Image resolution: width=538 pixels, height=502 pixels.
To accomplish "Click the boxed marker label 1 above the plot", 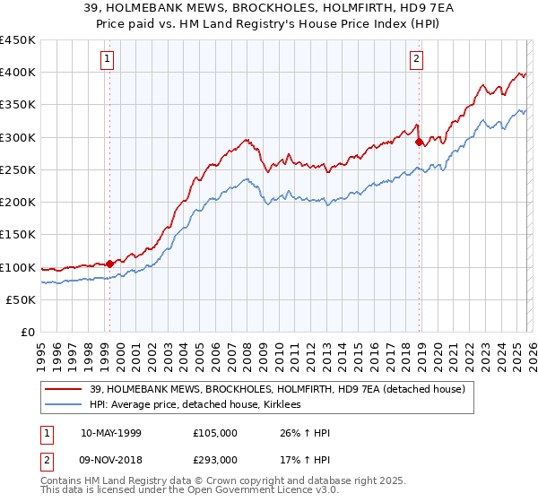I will pos(108,60).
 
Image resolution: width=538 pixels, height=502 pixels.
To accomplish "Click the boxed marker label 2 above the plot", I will pos(418,60).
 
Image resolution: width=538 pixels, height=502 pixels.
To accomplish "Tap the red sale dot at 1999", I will pos(109,264).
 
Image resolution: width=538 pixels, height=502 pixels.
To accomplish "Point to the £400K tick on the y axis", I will pos(18,73).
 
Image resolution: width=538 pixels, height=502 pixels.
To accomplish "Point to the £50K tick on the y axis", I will pos(22,300).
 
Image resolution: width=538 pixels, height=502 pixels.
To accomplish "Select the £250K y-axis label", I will pos(18,170).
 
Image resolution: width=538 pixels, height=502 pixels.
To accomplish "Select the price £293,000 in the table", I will pos(215,459).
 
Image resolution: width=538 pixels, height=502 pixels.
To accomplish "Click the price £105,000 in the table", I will pos(215,433).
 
